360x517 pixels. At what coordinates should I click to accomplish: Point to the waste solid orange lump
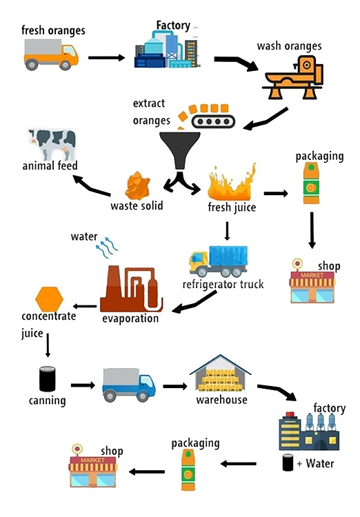pos(138,185)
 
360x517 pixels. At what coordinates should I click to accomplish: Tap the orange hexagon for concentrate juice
pos(49,298)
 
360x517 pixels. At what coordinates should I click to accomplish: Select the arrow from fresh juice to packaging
pos(277,194)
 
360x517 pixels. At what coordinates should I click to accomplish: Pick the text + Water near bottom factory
pos(316,463)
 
